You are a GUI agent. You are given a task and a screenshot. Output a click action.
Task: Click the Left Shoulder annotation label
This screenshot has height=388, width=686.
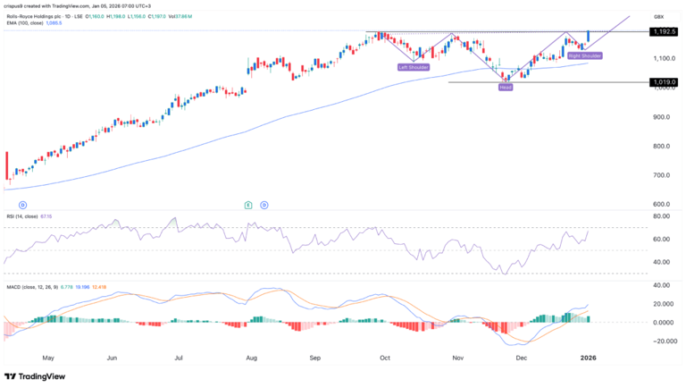pos(413,67)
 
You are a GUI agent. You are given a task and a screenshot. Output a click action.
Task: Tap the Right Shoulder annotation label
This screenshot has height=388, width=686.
pos(585,55)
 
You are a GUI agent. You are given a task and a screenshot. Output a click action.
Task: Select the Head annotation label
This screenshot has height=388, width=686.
pos(506,88)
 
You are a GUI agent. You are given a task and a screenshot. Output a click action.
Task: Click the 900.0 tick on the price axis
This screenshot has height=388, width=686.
pos(663,117)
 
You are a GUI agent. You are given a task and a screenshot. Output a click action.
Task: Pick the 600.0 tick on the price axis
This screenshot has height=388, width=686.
pos(663,204)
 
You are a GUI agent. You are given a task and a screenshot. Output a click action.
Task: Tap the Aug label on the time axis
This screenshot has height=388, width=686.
pos(251,357)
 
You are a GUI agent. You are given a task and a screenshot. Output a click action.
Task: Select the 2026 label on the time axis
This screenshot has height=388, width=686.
pos(590,357)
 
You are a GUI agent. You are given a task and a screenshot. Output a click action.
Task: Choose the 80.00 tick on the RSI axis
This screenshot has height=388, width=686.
pos(662,216)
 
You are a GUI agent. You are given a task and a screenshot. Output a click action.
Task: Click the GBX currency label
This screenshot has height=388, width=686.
pos(660,16)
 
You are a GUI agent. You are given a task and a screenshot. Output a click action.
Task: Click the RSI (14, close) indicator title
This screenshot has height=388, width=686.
pos(24,217)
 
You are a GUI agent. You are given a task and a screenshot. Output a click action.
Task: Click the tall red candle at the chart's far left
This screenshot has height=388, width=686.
pos(7,166)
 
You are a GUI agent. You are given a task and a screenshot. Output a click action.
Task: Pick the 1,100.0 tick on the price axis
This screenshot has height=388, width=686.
pos(663,58)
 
